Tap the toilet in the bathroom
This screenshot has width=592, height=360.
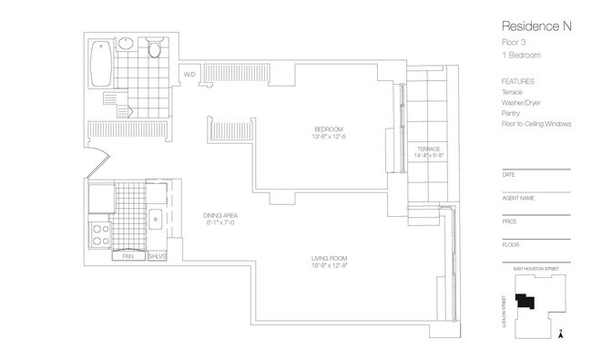tap(155, 47)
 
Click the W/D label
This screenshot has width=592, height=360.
tap(190, 75)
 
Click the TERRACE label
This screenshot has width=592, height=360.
tap(429, 149)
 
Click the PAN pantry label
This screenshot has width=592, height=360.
tap(129, 257)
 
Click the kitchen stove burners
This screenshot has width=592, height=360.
tap(99, 235)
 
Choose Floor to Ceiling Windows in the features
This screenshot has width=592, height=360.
tap(536, 123)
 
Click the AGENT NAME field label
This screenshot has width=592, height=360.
tap(518, 197)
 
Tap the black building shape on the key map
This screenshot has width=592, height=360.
tap(524, 303)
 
